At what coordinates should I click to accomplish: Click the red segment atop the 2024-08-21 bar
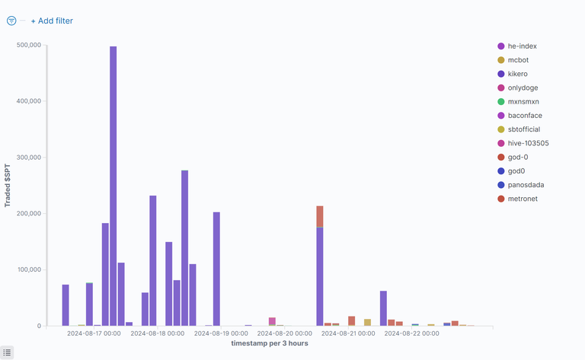tap(320, 216)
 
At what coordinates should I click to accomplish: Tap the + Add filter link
tap(52, 21)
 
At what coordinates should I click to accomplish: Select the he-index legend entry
tap(522, 46)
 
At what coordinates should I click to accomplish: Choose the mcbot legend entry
tap(518, 60)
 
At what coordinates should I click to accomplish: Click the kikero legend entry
tap(518, 74)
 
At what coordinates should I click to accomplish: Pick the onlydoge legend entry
tap(523, 88)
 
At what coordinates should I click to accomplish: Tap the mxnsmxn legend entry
tap(523, 101)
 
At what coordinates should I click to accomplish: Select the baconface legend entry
tap(525, 116)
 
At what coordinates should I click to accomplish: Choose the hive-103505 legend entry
tap(528, 143)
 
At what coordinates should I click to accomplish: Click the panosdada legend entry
tap(526, 185)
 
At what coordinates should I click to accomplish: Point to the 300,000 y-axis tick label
tap(26, 158)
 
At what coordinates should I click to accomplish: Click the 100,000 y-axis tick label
tap(26, 270)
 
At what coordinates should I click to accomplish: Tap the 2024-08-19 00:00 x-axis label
tap(221, 333)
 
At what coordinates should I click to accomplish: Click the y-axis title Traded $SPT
tap(8, 184)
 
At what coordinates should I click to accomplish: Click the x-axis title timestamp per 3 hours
tap(270, 343)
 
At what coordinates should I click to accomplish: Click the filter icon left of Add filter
tap(11, 21)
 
